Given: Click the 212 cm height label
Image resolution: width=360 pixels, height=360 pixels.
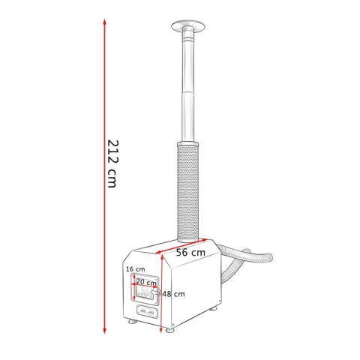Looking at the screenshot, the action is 112,163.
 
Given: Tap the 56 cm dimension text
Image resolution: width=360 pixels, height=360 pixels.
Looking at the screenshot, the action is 190,252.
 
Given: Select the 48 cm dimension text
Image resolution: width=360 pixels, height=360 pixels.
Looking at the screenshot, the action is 173,294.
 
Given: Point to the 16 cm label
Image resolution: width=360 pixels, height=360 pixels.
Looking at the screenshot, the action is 136,269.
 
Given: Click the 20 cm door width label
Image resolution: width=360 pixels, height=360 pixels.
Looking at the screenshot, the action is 146,283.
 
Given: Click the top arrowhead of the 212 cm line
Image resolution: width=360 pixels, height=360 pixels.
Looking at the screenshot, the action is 105,22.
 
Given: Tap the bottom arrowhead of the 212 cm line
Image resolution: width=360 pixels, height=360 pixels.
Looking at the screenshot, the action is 105,331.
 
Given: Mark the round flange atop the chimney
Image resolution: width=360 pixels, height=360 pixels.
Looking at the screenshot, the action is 188,26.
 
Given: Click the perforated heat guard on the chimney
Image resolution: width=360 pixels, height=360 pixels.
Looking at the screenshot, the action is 188,193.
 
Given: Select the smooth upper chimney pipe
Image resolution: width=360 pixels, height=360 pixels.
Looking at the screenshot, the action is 188,85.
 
